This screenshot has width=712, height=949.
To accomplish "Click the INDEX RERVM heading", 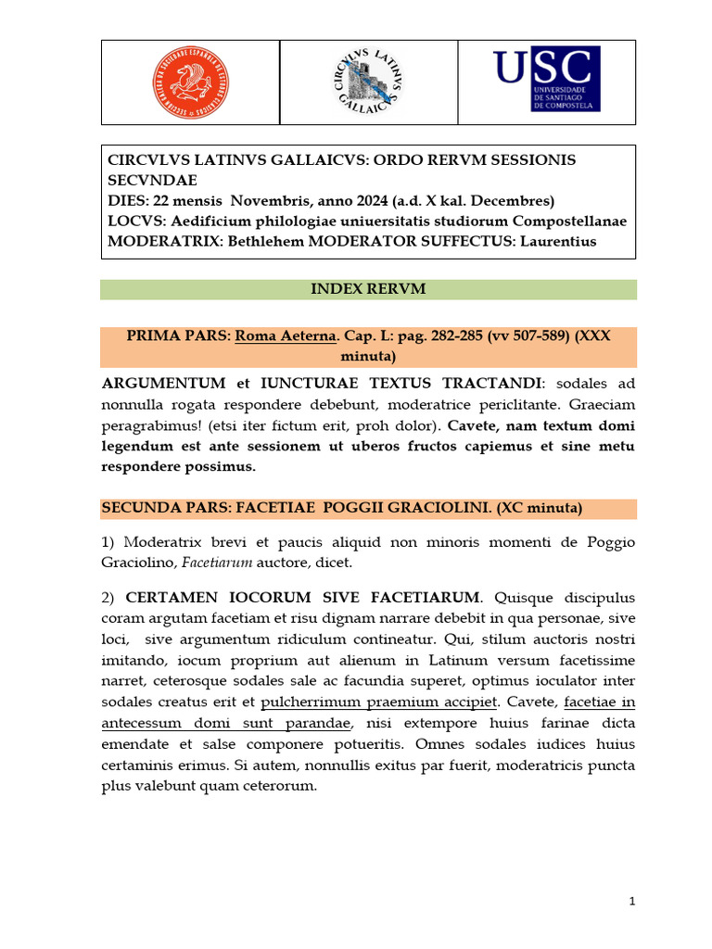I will tap(368, 289).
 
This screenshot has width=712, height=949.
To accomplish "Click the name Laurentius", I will tap(555, 242).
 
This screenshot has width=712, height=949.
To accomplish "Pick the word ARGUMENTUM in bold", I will tap(163, 383).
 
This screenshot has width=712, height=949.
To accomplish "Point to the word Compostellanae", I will tap(568, 221).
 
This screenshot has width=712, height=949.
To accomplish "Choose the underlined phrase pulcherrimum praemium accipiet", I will tap(380, 702).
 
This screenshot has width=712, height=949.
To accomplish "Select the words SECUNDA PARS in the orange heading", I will tap(153, 509).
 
